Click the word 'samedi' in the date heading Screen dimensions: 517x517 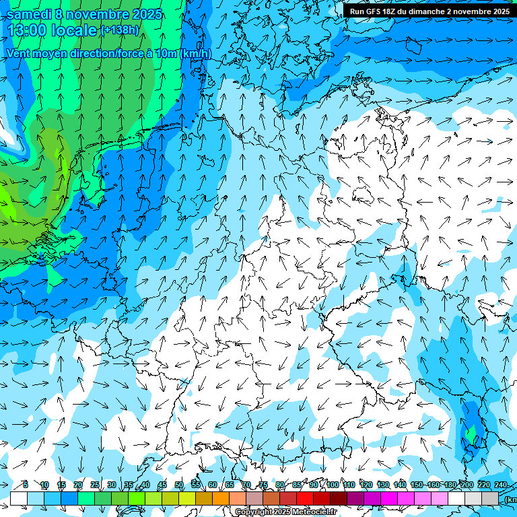[x=28, y=14]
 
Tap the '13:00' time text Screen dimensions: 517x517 [x=27, y=31]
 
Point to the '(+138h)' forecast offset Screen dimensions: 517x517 [x=120, y=30]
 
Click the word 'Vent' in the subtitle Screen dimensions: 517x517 [x=19, y=53]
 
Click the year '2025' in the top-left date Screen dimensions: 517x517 [x=147, y=14]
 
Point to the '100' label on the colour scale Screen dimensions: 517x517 [x=333, y=485]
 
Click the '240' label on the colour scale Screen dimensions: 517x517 [x=501, y=485]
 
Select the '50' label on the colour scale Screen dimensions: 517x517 [x=179, y=485]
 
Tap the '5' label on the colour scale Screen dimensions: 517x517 [x=26, y=485]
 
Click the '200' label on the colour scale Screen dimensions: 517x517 [x=467, y=485]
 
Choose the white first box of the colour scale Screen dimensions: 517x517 [x=18, y=498]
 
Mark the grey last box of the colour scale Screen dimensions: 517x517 [x=490, y=498]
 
